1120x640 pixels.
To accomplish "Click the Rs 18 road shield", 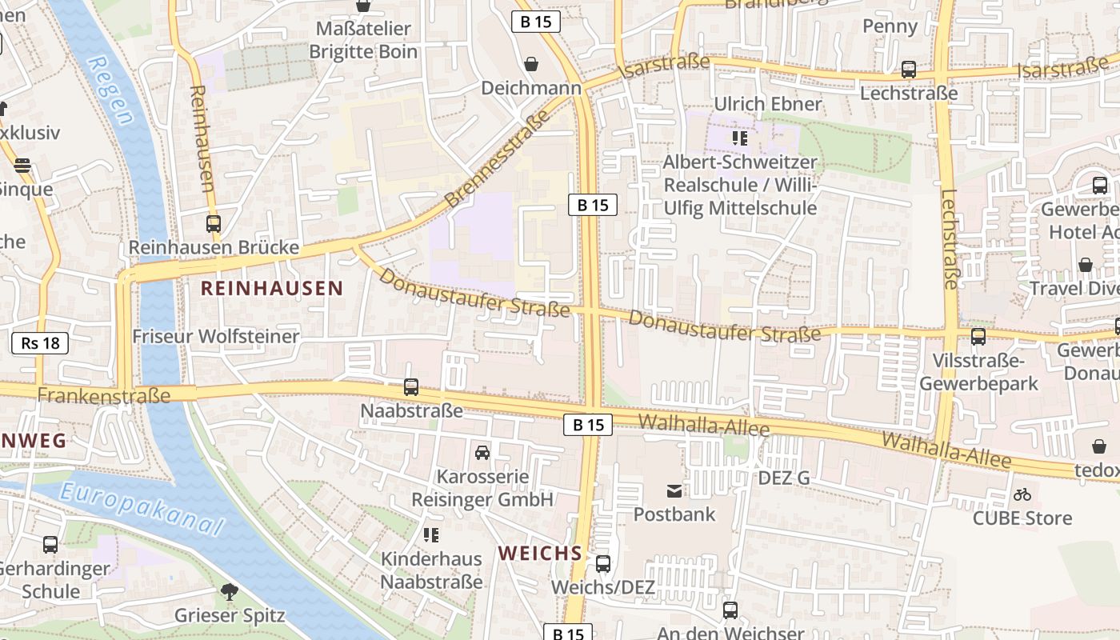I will [x=40, y=343].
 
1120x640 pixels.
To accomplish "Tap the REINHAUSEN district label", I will [x=272, y=288].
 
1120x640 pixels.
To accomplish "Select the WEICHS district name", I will [x=540, y=553].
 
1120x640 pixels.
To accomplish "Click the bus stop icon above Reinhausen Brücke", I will [x=214, y=224].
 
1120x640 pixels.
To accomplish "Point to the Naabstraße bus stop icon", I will [x=411, y=387].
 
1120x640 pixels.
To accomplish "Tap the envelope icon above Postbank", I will [x=674, y=490].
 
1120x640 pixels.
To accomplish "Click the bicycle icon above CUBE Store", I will [x=1022, y=494].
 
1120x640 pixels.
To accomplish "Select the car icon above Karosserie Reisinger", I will [x=482, y=453].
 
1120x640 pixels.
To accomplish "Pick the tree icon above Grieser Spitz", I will [x=230, y=592].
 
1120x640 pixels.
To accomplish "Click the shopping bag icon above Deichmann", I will [x=530, y=64].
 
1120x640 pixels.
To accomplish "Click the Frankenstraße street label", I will [x=104, y=395].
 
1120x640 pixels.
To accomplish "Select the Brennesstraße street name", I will [x=498, y=158].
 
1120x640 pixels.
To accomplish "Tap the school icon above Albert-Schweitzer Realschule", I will [x=740, y=138].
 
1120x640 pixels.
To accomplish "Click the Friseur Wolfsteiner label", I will [x=216, y=336].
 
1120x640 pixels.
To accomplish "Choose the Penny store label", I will [x=890, y=26].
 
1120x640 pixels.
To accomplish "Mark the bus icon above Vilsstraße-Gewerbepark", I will [x=978, y=337].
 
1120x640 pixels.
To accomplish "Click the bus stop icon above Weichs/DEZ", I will [x=603, y=564].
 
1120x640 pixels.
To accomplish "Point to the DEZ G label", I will [x=783, y=478].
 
